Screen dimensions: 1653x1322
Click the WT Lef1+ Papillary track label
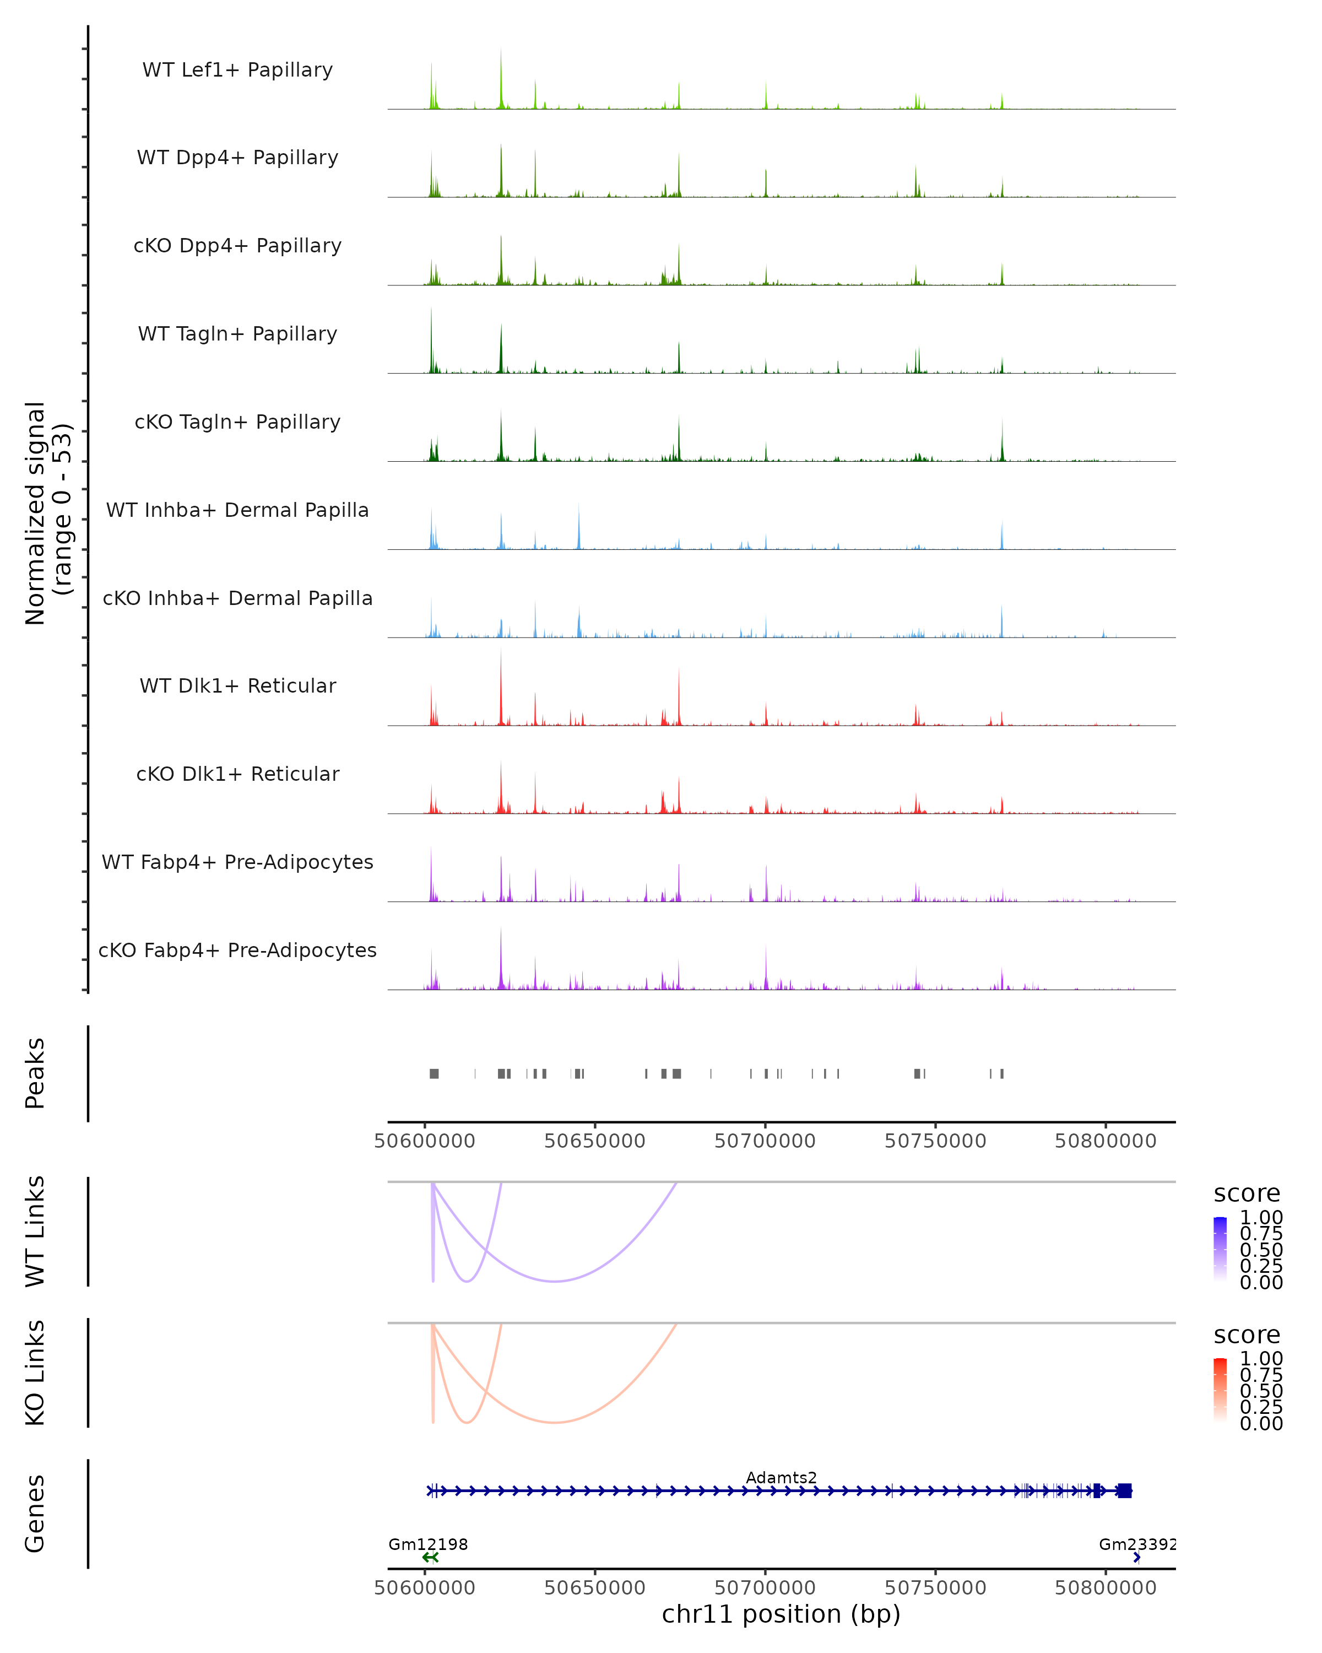point(237,70)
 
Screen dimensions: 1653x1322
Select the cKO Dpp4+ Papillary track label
point(237,245)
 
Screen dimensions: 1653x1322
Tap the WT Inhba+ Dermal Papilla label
point(237,510)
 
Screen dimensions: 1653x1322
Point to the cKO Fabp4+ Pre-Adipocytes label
point(237,950)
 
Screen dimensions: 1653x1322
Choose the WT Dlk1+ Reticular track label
point(237,685)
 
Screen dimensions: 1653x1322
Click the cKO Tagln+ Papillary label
point(237,422)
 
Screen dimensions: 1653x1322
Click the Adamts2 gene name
point(781,1477)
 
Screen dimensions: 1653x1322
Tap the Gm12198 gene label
point(427,1544)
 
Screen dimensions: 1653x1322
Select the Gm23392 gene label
point(1136,1544)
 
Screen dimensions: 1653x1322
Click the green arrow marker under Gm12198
point(430,1557)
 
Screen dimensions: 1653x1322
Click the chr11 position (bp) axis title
point(781,1614)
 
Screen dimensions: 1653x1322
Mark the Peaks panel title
point(35,1073)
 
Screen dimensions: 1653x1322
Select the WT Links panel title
point(35,1231)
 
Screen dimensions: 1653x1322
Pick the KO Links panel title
point(35,1373)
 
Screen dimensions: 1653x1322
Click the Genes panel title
point(35,1514)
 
